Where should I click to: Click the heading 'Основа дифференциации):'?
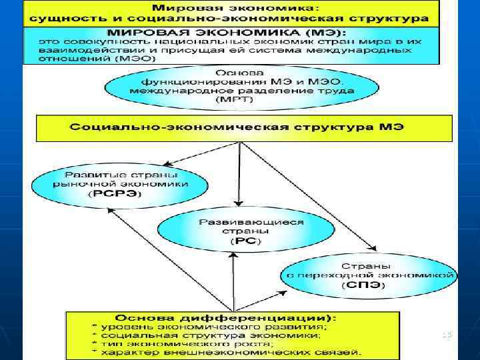[225, 317]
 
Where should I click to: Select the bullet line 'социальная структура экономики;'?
[210, 335]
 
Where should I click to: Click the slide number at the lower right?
[446, 333]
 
